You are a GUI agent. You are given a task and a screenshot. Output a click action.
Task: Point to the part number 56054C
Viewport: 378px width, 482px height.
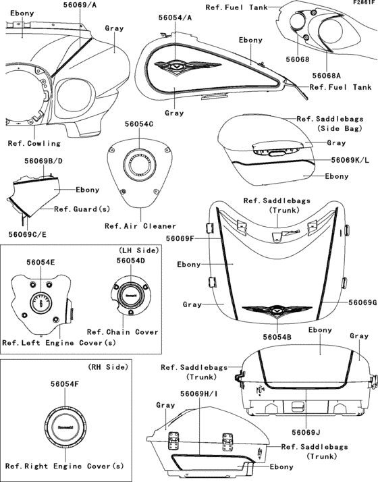[138, 124]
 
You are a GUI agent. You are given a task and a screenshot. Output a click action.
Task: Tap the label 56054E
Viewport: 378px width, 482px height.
[41, 261]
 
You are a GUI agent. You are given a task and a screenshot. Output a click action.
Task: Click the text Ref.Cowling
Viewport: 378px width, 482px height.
[34, 143]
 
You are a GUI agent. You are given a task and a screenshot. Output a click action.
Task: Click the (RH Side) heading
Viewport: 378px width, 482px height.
[105, 367]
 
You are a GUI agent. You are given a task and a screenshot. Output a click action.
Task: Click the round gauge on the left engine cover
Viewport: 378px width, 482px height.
[41, 303]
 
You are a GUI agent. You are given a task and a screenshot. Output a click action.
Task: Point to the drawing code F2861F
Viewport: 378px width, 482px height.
[363, 3]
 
